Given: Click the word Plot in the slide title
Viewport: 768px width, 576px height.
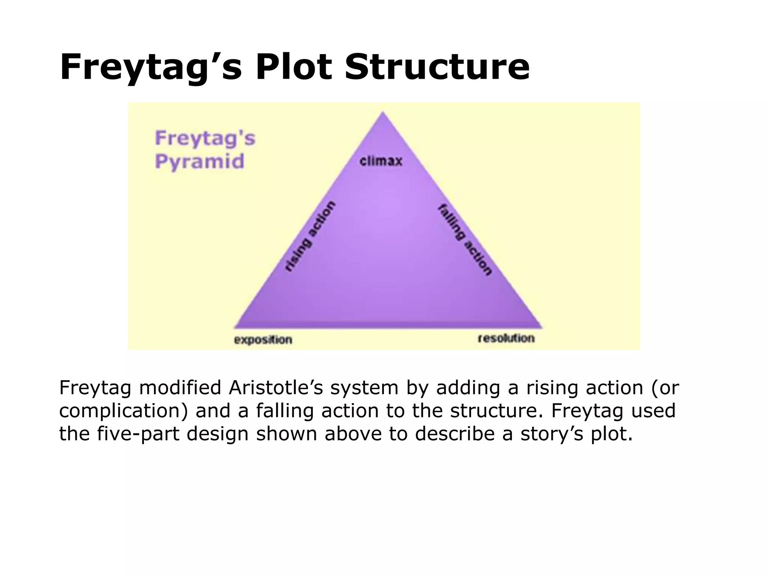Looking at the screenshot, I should (294, 67).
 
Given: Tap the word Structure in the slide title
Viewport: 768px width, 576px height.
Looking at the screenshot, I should (437, 67).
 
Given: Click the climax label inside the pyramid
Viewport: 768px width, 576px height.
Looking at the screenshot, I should (381, 161).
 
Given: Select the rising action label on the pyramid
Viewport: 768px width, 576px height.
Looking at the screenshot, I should (310, 236).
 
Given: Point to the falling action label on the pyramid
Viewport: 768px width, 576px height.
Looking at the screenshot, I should (465, 240).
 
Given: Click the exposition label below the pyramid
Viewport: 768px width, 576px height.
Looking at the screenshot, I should (263, 340).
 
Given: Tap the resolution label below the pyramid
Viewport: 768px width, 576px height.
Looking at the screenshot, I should (506, 338).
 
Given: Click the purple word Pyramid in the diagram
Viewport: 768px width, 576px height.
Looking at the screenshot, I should (199, 162).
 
